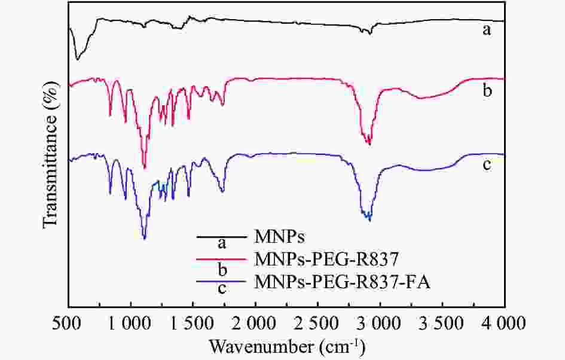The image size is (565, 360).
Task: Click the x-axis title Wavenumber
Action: [x=287, y=347]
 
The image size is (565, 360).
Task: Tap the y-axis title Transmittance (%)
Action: [x=52, y=156]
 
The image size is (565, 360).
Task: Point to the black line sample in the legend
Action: [x=222, y=237]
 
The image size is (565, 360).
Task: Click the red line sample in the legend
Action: [x=222, y=260]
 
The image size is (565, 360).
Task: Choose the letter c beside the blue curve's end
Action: [x=487, y=164]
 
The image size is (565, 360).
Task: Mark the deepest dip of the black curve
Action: [x=77, y=59]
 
